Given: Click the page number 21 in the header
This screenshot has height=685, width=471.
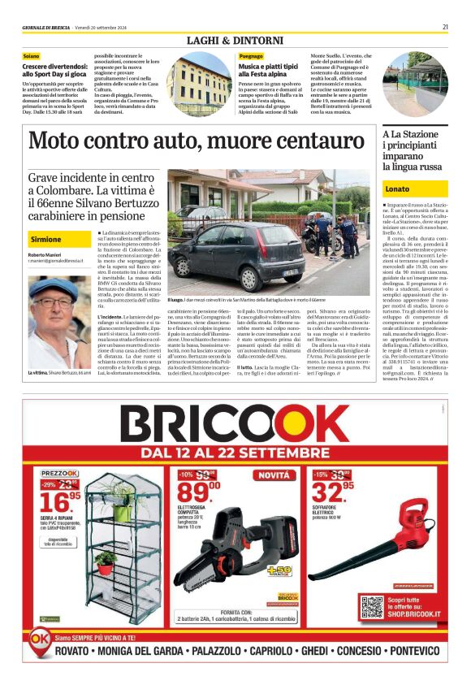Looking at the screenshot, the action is coord(445,27).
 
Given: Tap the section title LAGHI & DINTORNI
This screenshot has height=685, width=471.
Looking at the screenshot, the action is coord(235,40).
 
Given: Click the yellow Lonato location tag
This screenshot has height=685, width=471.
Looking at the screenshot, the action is coord(398,189).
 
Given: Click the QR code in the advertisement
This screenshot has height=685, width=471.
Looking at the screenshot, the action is coord(371,606).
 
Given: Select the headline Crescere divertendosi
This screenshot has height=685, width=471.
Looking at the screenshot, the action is coord(54,69).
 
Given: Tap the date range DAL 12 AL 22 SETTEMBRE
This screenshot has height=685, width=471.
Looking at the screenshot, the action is coord(235,451).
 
